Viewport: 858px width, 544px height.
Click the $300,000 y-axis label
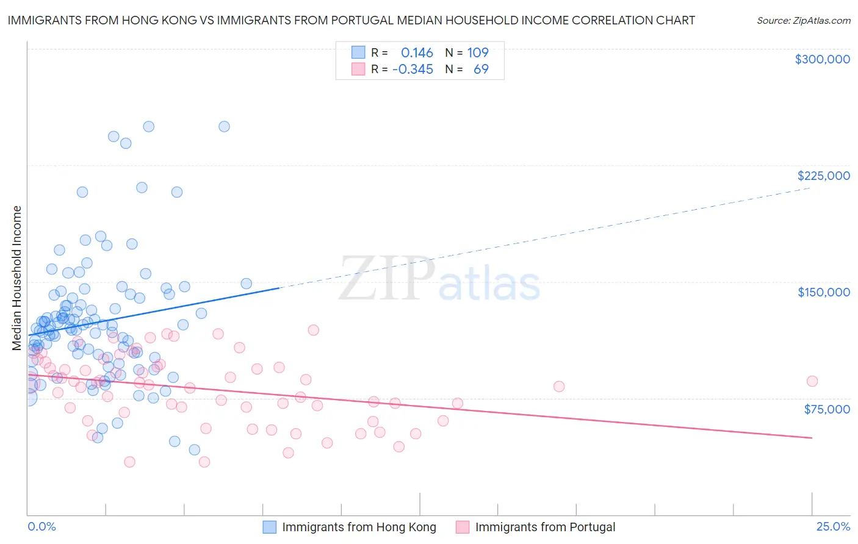822,59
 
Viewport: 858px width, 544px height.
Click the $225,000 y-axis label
823,176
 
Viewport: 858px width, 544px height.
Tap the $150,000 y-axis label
823,292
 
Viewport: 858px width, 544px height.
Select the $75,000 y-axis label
826,409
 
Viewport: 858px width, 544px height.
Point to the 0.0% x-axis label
41,526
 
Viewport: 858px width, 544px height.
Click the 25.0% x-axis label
833,526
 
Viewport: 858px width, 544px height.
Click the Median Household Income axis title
17,278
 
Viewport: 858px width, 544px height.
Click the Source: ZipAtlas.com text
803,20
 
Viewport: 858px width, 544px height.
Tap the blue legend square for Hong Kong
269,527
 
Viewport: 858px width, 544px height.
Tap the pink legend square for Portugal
463,527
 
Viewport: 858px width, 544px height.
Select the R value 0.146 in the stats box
417,53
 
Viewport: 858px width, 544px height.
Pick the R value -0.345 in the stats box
413,70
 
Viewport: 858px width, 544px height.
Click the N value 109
478,53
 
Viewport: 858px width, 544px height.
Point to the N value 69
481,70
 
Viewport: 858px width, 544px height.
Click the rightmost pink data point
812,381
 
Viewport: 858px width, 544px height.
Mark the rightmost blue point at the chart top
224,127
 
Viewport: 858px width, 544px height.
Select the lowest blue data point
195,450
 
